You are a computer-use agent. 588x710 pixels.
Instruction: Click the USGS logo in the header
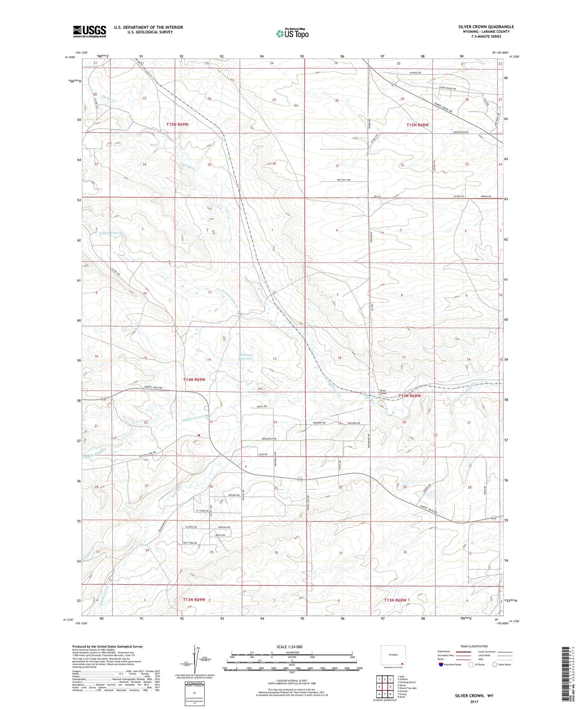pyautogui.click(x=89, y=31)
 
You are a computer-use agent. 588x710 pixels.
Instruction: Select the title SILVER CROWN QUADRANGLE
pyautogui.click(x=485, y=27)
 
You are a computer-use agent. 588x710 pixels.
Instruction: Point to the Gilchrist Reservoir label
pyautogui.click(x=245, y=357)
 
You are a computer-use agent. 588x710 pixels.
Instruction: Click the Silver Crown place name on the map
pyautogui.click(x=383, y=392)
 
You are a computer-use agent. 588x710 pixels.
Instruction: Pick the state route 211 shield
pyautogui.click(x=394, y=85)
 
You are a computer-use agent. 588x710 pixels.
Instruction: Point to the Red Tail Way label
pyautogui.click(x=344, y=180)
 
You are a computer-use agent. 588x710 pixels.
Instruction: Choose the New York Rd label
pyautogui.click(x=190, y=543)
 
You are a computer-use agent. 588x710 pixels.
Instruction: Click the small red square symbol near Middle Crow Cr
pyautogui.click(x=199, y=435)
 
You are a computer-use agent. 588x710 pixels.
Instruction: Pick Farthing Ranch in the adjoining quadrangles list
pyautogui.click(x=407, y=682)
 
